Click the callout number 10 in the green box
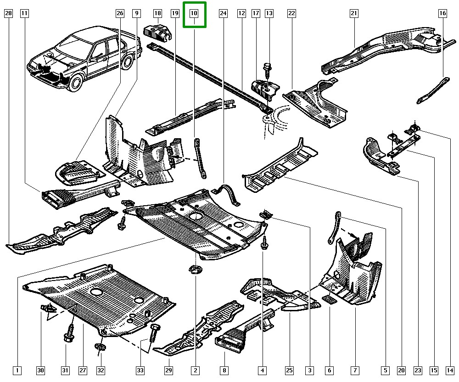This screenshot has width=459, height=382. [x=194, y=14]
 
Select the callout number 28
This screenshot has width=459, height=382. [x=8, y=14]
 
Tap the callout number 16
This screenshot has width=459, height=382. [x=442, y=14]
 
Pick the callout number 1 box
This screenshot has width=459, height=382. [x=17, y=370]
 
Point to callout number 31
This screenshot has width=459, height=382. [x=66, y=370]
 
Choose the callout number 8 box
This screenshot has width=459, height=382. [x=224, y=370]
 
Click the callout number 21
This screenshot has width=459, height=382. [x=354, y=14]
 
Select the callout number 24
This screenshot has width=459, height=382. [x=223, y=14]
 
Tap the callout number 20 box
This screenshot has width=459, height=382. [x=402, y=370]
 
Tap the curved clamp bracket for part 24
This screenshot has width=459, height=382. [x=229, y=195]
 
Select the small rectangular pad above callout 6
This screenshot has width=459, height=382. [x=330, y=300]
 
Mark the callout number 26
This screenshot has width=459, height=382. [x=120, y=14]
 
